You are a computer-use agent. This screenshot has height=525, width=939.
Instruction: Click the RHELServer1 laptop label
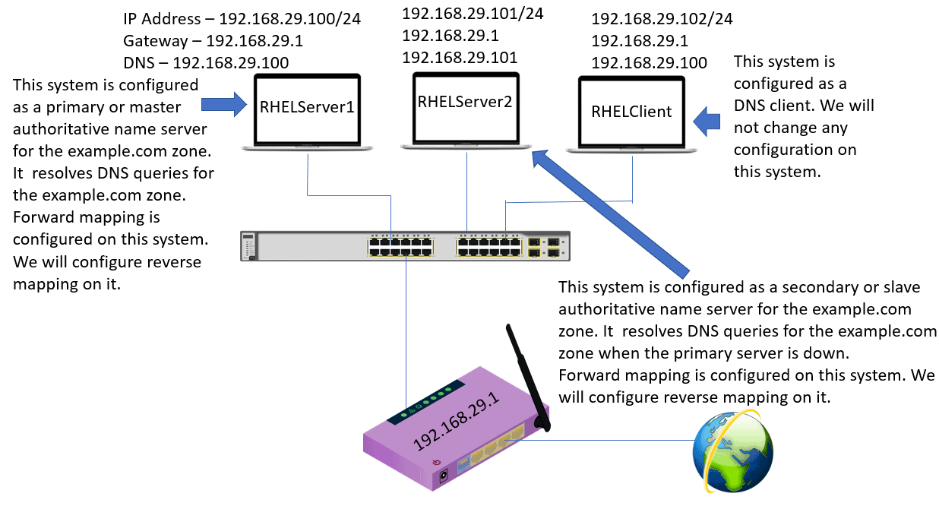[307, 107]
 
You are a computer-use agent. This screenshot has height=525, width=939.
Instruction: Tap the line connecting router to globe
[619, 439]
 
